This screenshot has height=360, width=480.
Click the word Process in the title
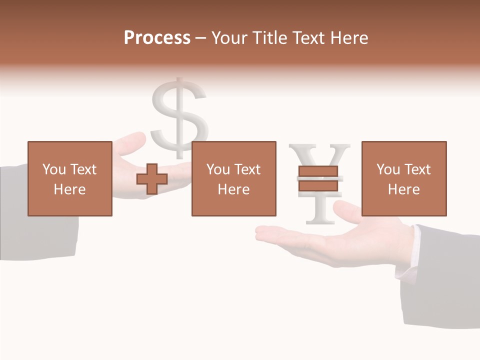[157, 37]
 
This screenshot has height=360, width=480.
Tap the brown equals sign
[318, 178]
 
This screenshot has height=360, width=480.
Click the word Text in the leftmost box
[83, 169]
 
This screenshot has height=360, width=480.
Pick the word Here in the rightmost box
[403, 189]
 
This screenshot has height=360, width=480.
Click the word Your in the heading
[230, 38]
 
